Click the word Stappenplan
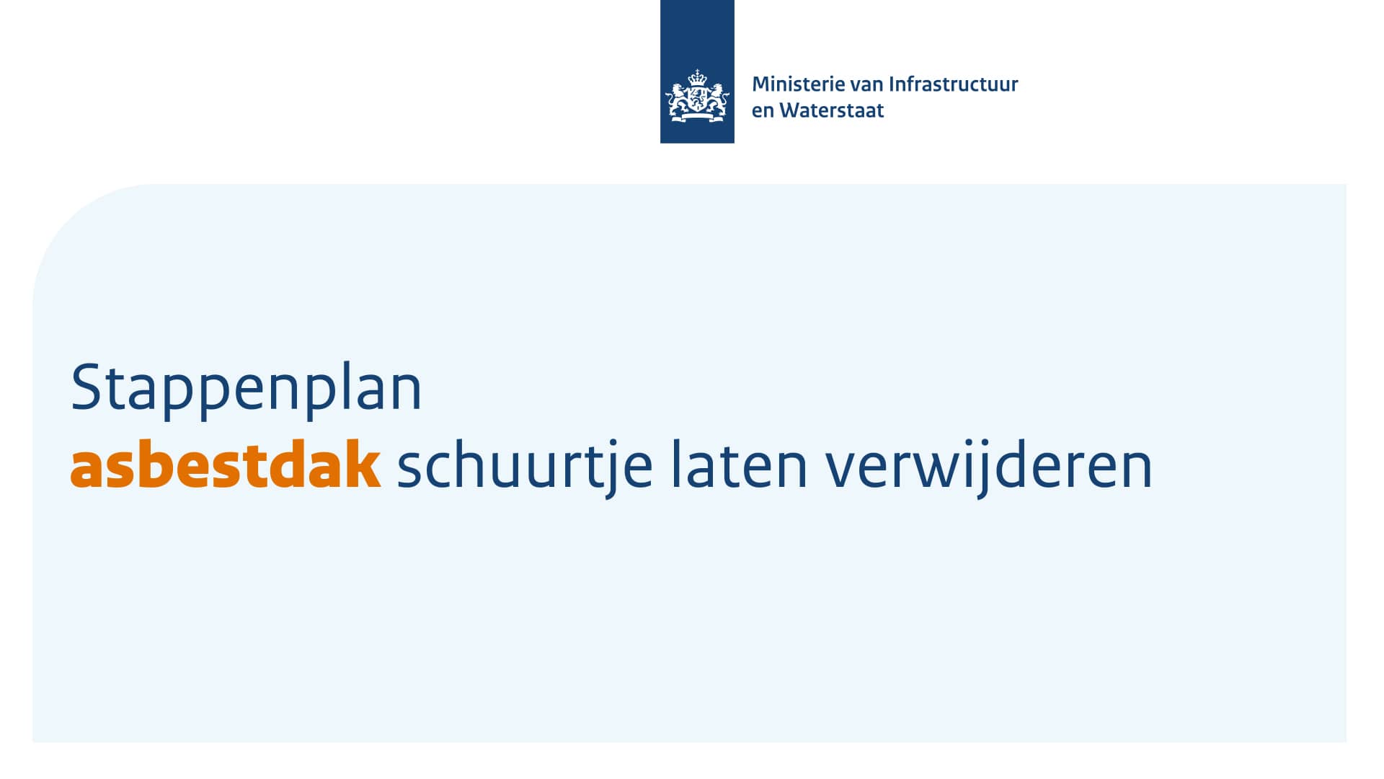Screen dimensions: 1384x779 tap(246, 390)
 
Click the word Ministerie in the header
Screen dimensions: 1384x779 tap(798, 84)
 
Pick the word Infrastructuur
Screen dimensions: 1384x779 tap(953, 84)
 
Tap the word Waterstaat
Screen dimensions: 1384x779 tap(832, 110)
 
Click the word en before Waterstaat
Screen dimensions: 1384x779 tap(763, 113)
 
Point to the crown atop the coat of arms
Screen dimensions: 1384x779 tap(697, 77)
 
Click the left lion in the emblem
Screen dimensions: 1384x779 tap(678, 102)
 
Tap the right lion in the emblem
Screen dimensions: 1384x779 tap(716, 102)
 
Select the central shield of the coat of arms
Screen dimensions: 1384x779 tap(697, 99)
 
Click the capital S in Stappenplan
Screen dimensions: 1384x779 tap(85, 387)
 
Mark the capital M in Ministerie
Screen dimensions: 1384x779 tap(761, 85)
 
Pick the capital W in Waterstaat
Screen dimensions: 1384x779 tap(791, 110)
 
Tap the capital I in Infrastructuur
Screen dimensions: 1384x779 tap(892, 85)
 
